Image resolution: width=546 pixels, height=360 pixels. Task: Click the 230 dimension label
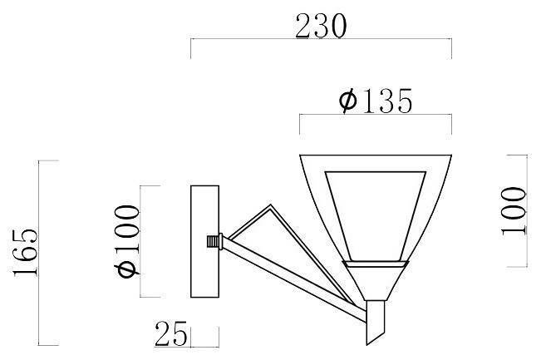tap(321, 26)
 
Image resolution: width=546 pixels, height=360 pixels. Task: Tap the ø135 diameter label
tap(376, 101)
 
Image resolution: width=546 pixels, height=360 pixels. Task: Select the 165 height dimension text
tap(26, 253)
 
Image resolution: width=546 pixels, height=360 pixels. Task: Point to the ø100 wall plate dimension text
tap(127, 241)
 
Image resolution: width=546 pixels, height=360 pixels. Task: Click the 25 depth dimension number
tap(171, 334)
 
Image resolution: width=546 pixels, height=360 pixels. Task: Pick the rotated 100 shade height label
tap(514, 211)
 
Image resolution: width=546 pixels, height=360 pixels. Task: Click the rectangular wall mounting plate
tap(204, 241)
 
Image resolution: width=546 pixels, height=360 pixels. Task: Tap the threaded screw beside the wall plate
tap(213, 241)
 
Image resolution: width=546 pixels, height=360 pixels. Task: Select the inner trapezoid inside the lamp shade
tap(376, 216)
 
